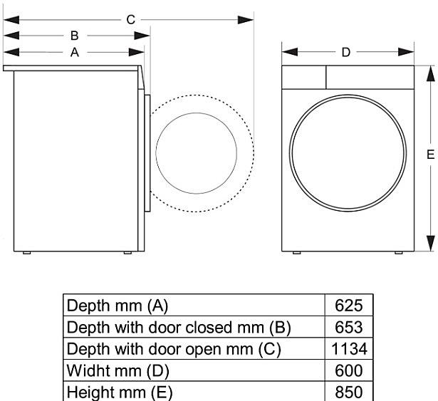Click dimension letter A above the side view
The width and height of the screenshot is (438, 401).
click(75, 52)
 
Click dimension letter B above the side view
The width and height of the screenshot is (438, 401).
click(75, 35)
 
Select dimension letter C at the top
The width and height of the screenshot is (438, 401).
click(130, 19)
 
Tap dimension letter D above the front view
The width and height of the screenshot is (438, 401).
click(346, 52)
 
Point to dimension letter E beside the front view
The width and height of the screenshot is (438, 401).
click(430, 155)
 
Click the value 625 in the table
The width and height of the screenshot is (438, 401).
click(349, 306)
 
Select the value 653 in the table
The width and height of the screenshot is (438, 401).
click(349, 328)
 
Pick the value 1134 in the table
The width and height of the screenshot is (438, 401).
click(349, 350)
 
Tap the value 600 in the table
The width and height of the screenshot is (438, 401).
click(349, 371)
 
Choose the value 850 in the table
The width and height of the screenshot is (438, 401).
click(349, 392)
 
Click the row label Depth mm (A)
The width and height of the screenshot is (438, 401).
click(118, 306)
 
